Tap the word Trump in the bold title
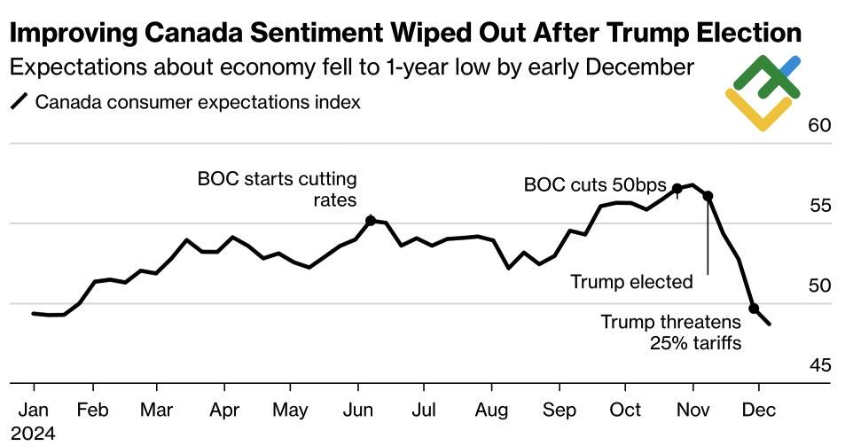(618, 35)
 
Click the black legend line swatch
(19, 102)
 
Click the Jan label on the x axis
(34, 411)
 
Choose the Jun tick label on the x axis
(358, 411)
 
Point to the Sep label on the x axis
(560, 411)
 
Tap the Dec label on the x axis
(758, 411)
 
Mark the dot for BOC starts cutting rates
(371, 220)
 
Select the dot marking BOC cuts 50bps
(677, 188)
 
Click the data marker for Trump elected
(708, 196)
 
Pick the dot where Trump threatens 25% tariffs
(754, 309)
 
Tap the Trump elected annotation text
(631, 282)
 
